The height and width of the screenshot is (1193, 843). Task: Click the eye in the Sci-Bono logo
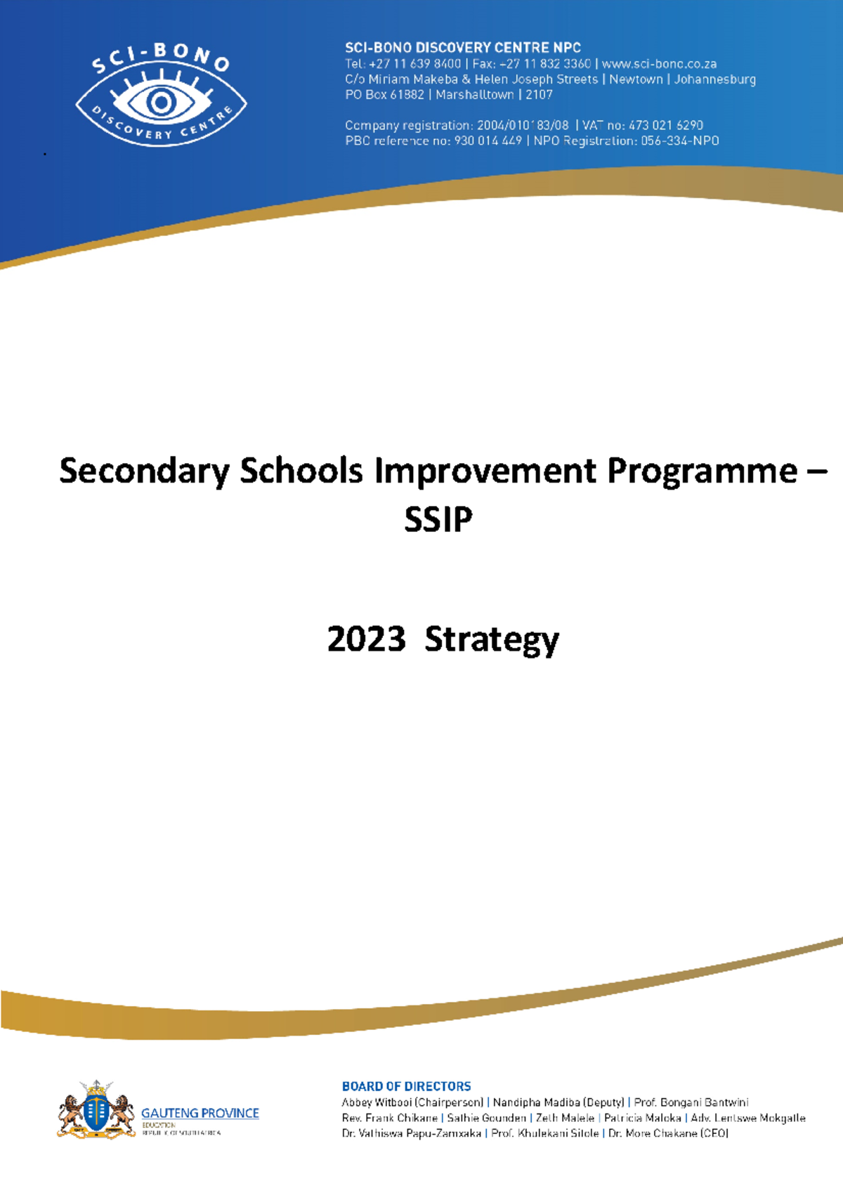coord(161,103)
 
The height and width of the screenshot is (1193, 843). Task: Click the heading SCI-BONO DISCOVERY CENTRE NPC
coord(462,48)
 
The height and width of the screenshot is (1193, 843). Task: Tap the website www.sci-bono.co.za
coord(659,64)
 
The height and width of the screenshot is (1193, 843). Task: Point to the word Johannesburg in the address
coord(714,79)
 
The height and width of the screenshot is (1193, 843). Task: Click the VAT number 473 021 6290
coord(665,125)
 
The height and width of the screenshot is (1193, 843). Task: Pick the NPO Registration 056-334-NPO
coord(679,141)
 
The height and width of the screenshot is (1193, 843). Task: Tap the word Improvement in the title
coord(486,471)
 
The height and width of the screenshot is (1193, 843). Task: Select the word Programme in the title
coord(702,471)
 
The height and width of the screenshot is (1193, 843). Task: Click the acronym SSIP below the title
coord(438,520)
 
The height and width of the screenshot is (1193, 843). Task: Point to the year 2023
coord(366,639)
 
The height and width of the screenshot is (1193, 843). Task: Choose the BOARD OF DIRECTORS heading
coord(406,1086)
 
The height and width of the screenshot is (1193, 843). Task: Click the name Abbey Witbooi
coord(377,1102)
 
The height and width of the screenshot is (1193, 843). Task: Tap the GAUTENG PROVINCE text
coord(200,1113)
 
